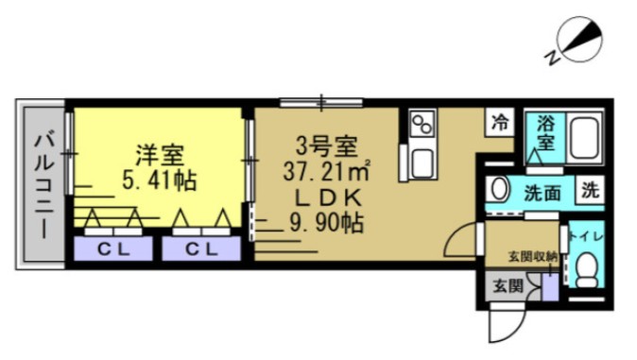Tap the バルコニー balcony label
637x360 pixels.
click(43, 183)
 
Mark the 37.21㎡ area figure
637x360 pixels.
click(326, 172)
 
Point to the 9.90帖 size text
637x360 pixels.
click(326, 225)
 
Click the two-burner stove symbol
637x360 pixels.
click(422, 124)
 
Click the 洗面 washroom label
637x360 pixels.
click(542, 192)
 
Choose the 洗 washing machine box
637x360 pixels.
click(590, 190)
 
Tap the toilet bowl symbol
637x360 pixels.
click(588, 269)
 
